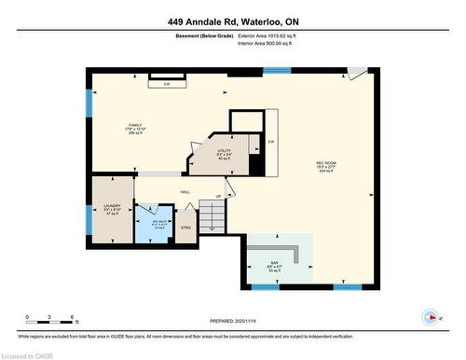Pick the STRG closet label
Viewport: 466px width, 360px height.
[x=185, y=227]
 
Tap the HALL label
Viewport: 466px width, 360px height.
[x=185, y=192]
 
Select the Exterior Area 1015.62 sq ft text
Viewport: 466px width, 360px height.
[x=274, y=35]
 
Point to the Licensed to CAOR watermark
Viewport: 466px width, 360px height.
[x=32, y=353]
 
